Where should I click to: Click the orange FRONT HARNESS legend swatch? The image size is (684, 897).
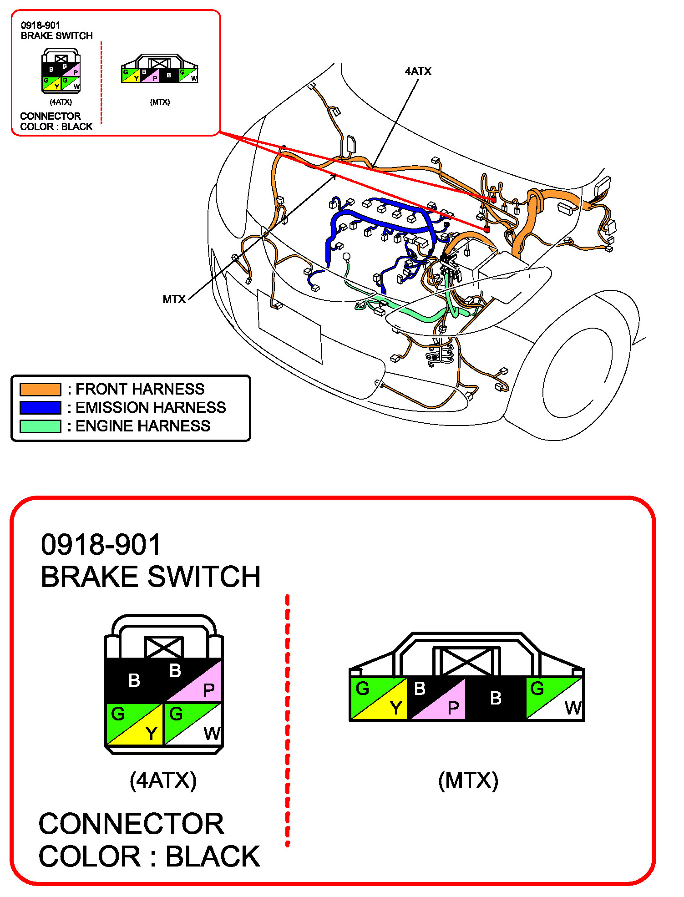(41, 389)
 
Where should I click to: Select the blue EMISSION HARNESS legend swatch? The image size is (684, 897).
(41, 408)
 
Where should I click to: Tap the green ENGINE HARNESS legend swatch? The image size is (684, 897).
(41, 426)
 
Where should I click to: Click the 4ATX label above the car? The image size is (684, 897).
(418, 71)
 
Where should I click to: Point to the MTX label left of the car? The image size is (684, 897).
(174, 299)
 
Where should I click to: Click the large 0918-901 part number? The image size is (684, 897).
(101, 544)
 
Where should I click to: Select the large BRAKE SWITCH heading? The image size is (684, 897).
(151, 577)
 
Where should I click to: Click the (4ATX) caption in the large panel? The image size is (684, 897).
(163, 780)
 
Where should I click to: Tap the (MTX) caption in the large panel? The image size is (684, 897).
(468, 780)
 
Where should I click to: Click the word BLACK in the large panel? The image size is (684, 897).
(213, 856)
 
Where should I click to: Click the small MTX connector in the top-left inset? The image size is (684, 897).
(160, 69)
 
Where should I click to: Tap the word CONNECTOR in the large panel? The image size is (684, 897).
(132, 824)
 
